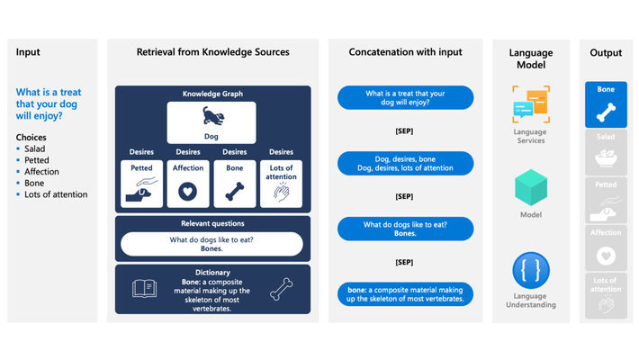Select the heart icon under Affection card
pos(188,191)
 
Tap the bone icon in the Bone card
pos(234,191)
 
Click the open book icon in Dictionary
pos(145,288)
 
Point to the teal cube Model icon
pos(530,188)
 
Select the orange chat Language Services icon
pos(530,104)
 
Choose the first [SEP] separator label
pos(404,130)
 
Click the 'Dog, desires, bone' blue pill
pos(404,163)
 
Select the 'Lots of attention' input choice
pos(56,194)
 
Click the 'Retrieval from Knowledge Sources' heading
pos(212,52)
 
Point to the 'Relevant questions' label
pos(212,223)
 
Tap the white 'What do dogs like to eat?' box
pos(212,245)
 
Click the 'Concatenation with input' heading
pos(404,52)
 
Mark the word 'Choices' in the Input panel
pos(31,137)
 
